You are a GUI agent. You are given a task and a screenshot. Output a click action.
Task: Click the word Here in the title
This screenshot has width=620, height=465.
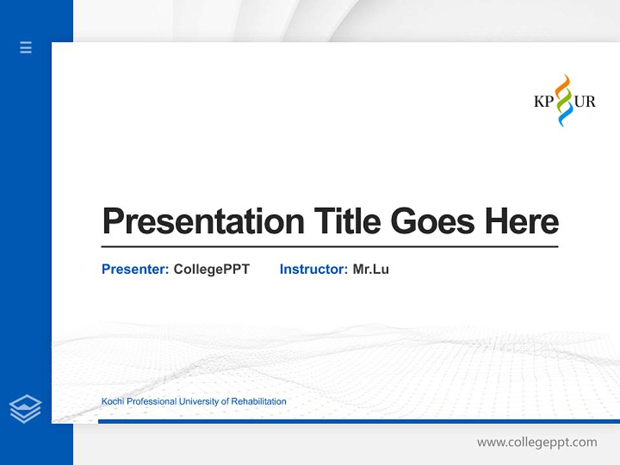coord(522,222)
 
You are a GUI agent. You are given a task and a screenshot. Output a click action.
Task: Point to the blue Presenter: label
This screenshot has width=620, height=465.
coord(135,269)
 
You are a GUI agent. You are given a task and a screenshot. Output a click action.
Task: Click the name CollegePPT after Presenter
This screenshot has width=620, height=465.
coord(211,269)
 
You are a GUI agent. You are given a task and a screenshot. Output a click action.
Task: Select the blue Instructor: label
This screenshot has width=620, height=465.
coord(313,269)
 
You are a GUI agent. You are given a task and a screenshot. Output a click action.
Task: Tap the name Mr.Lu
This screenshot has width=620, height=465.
coord(371,269)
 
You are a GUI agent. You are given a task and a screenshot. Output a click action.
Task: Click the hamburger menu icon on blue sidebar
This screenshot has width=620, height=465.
coord(26,47)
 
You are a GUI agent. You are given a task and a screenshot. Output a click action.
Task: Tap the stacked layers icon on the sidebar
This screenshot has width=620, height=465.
coord(25,409)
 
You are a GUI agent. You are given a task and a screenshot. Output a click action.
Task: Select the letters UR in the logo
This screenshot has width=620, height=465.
coord(584,101)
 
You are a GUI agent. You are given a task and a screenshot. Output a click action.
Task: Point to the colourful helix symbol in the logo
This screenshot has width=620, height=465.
coord(564,100)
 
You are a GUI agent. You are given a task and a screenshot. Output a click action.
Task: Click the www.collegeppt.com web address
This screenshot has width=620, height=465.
coord(537,442)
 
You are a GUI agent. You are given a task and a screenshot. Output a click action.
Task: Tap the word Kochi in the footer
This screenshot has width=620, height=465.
coord(112,402)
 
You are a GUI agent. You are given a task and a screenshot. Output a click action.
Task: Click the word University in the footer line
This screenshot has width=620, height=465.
coord(199,402)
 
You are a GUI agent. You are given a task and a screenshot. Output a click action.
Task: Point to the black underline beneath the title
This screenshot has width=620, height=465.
coord(329,246)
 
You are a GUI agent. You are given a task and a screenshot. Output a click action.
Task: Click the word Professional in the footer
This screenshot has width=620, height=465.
coord(151,402)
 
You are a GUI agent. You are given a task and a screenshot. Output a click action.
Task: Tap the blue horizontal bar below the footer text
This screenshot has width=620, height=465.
coord(358,421)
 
